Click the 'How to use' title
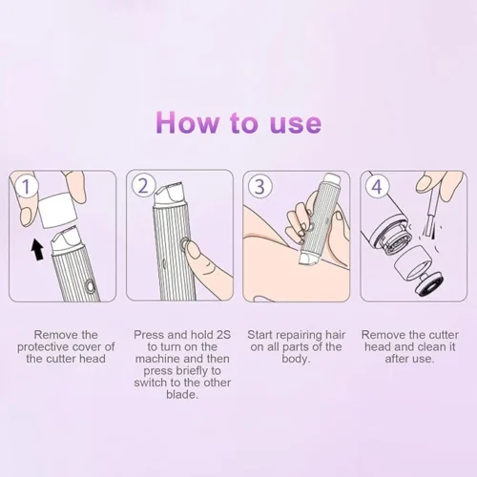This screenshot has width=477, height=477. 238,124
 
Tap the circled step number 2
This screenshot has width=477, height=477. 144,186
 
